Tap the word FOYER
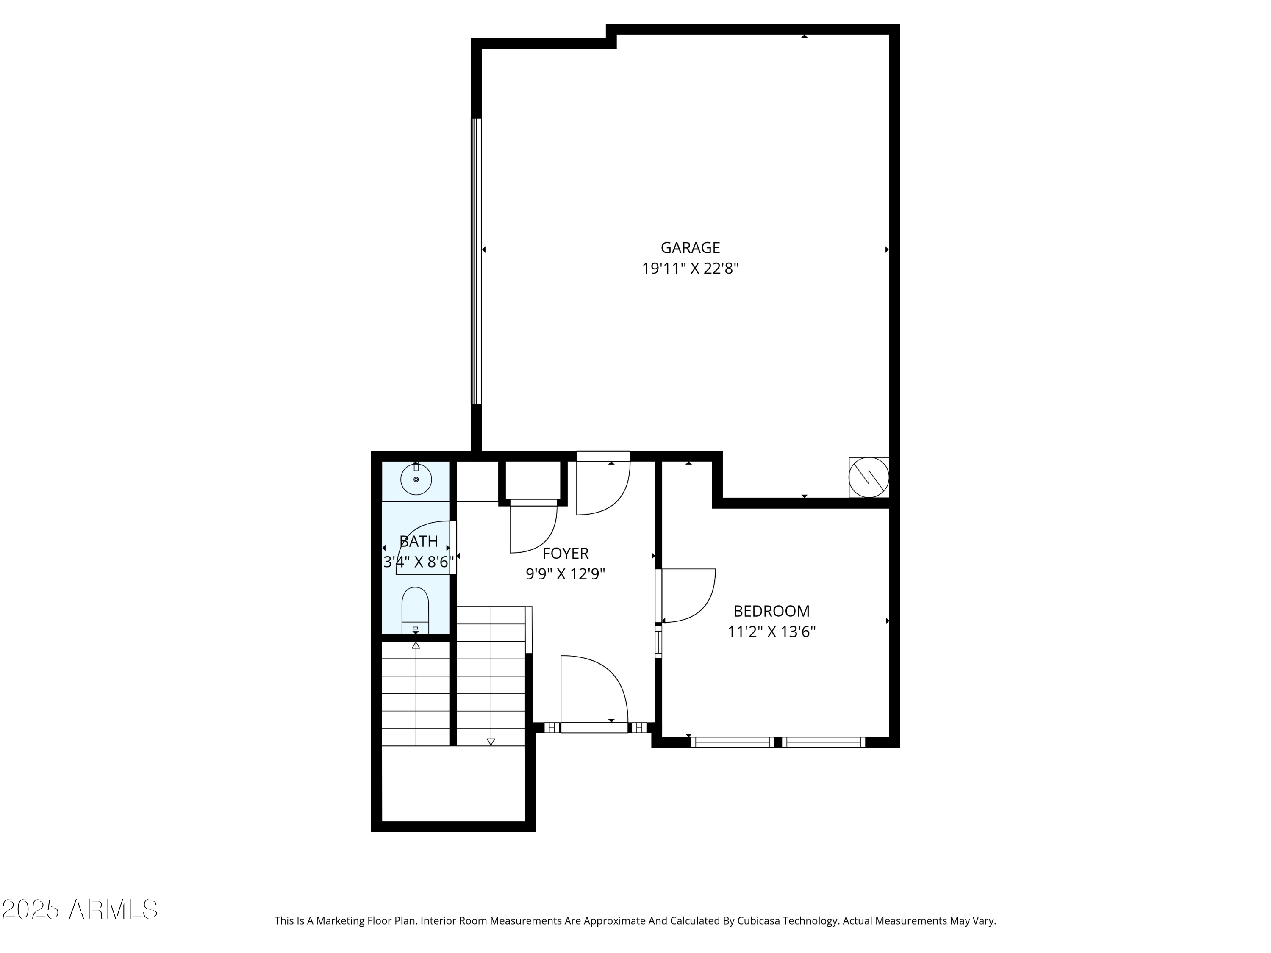[566, 553]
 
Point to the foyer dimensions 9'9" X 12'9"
[566, 574]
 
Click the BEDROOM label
[771, 611]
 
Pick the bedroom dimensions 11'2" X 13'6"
[771, 632]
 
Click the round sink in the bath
[416, 479]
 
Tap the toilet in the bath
[415, 609]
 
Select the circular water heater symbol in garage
[869, 477]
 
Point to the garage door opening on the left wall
[476, 261]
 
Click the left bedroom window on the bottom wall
[732, 742]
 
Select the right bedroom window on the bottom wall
[823, 742]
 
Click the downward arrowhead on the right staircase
[491, 742]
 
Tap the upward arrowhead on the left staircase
[416, 645]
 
